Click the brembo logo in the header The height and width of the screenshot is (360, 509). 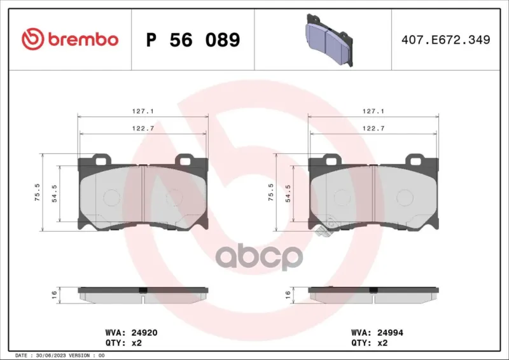coord(70,39)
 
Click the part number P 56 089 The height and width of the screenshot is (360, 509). coord(193,40)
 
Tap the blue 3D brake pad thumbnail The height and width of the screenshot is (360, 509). coord(329,40)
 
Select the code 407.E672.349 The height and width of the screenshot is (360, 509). coord(446,39)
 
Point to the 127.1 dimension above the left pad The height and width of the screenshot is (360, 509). coord(143,111)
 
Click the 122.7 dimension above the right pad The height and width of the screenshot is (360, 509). coord(373,128)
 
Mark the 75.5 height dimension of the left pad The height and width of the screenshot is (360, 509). coord(38,192)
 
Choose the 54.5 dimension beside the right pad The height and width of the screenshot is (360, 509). coord(288,193)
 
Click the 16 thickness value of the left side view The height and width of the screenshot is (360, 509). coord(54,294)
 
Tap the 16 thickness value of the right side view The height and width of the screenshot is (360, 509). coord(288,294)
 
